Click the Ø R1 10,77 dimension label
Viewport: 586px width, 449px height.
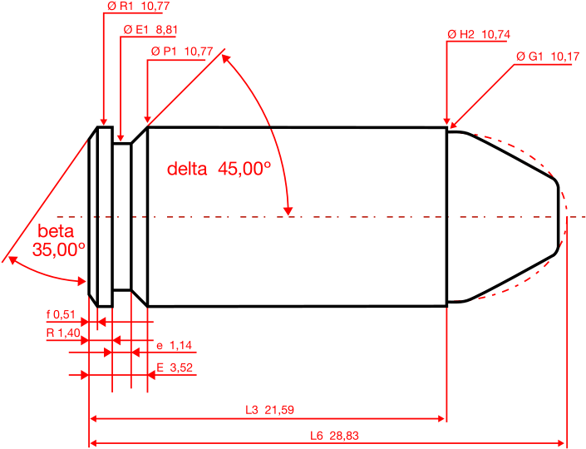point(138,6)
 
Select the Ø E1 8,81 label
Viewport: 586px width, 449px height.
point(150,30)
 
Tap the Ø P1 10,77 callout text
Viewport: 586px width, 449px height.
point(182,52)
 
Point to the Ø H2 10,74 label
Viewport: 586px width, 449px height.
point(479,34)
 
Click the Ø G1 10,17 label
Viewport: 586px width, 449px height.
point(548,57)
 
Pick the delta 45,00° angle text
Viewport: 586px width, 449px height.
point(219,169)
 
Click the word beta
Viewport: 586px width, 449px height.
point(56,231)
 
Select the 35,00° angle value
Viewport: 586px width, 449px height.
point(59,249)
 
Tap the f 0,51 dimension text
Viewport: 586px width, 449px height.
point(61,315)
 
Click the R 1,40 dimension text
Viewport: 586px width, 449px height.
point(63,333)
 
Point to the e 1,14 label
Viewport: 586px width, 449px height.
point(175,345)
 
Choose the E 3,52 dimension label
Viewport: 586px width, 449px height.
point(175,368)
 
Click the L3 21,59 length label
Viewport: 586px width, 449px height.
point(269,410)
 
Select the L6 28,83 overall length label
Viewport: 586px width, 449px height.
point(334,436)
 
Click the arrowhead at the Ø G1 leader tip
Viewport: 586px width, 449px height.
point(453,125)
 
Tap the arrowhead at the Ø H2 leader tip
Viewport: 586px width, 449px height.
point(446,121)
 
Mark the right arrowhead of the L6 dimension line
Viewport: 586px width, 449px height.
point(560,443)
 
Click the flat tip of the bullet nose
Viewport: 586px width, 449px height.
point(559,217)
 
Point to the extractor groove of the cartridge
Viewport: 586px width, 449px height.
point(122,216)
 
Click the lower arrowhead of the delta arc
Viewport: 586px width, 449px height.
point(288,211)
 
